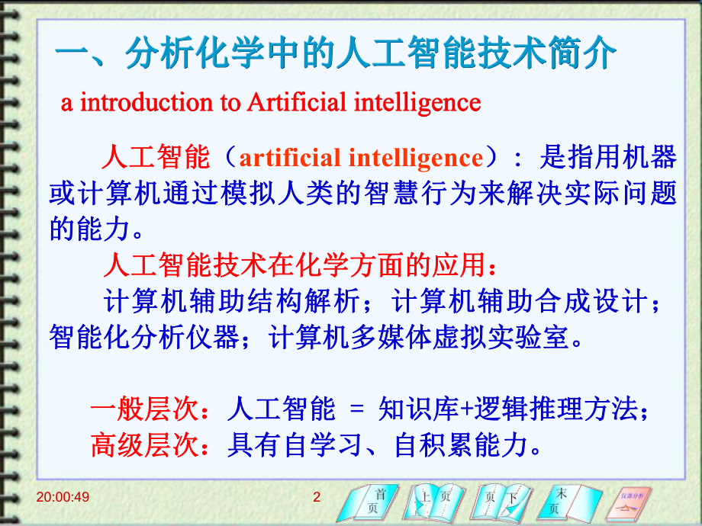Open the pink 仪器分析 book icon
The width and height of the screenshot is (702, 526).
pyautogui.click(x=634, y=501)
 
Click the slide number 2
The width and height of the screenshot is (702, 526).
pyautogui.click(x=317, y=498)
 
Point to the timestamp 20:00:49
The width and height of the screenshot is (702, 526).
pyautogui.click(x=63, y=498)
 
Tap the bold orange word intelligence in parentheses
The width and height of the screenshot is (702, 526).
pyautogui.click(x=415, y=158)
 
